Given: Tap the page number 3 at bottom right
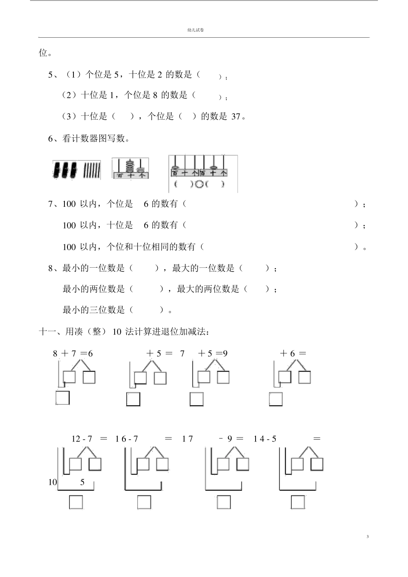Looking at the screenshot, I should (368, 536).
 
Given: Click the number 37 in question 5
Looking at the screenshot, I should (236, 116).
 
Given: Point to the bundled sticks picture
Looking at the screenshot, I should (76, 170).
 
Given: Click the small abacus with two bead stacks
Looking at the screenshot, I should (131, 168).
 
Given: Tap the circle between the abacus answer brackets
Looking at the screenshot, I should (199, 184).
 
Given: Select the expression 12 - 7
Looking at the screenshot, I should (82, 438).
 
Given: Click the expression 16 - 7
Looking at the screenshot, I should (126, 438).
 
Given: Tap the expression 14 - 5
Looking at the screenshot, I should (265, 438).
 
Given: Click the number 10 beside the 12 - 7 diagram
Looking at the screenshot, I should (52, 482).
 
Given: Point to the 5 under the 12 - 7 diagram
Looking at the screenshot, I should (82, 482).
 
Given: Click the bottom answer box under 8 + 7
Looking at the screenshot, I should (63, 398).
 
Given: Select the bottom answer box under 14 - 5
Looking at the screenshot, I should (298, 502).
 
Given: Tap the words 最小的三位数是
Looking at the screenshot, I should (94, 310).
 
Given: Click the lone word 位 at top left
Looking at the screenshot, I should (43, 53).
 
